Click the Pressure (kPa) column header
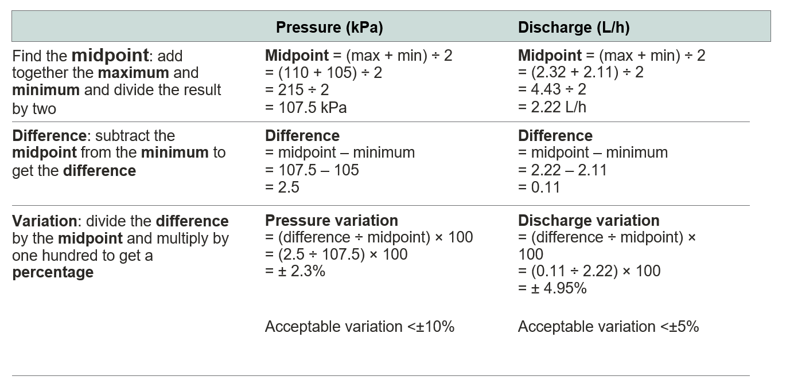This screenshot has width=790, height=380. click(329, 28)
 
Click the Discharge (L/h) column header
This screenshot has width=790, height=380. click(574, 28)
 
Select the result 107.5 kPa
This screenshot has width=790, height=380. click(306, 107)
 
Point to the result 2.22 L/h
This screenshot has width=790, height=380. click(552, 107)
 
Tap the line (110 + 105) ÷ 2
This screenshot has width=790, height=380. click(324, 73)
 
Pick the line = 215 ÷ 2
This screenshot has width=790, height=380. click(297, 90)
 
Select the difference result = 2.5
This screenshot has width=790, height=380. click(282, 187)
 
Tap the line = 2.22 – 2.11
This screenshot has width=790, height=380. click(562, 170)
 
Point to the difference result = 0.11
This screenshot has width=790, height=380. click(539, 187)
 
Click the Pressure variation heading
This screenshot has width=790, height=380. click(331, 221)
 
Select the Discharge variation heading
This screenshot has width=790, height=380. click(589, 221)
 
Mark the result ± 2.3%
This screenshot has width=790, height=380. click(295, 271)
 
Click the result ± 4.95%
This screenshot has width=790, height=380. click(552, 288)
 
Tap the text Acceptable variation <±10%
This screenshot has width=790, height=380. click(359, 327)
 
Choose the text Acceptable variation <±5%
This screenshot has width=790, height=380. click(608, 327)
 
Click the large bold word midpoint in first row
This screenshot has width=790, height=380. click(110, 56)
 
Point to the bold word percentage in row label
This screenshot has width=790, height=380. click(53, 272)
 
